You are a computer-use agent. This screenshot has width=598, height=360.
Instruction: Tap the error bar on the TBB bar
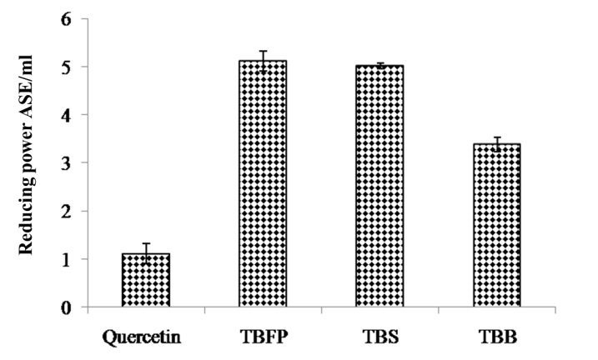click(x=497, y=143)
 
